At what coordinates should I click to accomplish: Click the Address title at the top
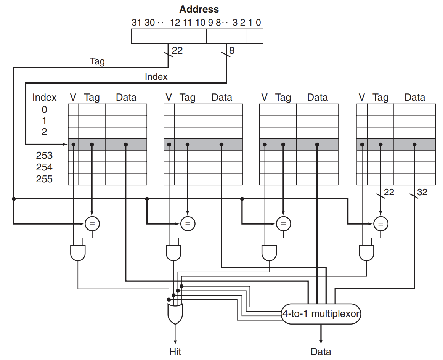199,9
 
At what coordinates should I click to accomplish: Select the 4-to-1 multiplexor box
321,314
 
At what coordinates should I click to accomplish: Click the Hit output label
175,351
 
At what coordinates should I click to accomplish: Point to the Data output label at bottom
321,351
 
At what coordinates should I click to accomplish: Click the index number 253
44,156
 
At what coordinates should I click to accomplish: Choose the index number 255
44,179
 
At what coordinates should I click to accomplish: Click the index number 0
44,109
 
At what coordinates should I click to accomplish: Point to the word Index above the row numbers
44,97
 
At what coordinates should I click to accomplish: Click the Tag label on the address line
97,61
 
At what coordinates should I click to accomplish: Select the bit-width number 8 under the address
232,50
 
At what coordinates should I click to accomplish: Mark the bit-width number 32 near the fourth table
422,193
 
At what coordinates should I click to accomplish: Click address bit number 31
136,22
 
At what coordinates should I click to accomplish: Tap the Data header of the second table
221,97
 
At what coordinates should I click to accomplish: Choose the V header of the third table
264,97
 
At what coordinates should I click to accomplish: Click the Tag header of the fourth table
380,97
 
